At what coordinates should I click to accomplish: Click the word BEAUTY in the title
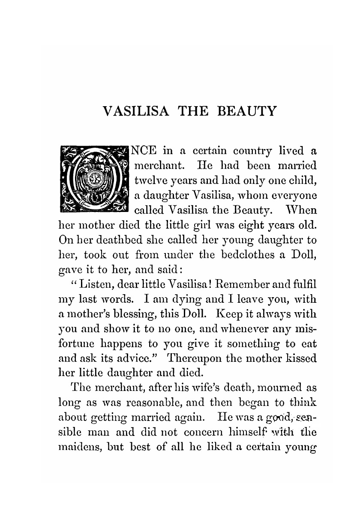click(247, 111)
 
